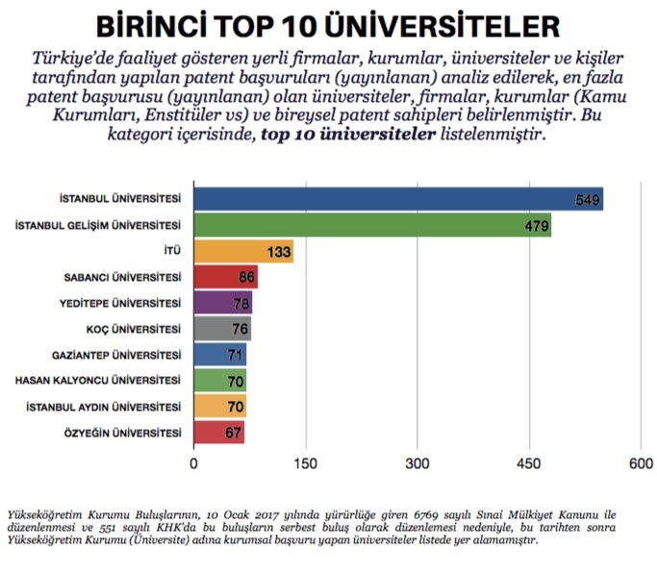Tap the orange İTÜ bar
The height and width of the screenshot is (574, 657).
242,252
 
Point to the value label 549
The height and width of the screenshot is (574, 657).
588,200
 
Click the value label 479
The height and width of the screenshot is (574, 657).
536,227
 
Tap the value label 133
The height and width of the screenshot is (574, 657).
279,253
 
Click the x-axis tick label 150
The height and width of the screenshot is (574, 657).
306,463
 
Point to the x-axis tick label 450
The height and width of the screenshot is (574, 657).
529,463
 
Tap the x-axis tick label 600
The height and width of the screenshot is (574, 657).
640,463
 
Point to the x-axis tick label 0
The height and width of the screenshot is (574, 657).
194,463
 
